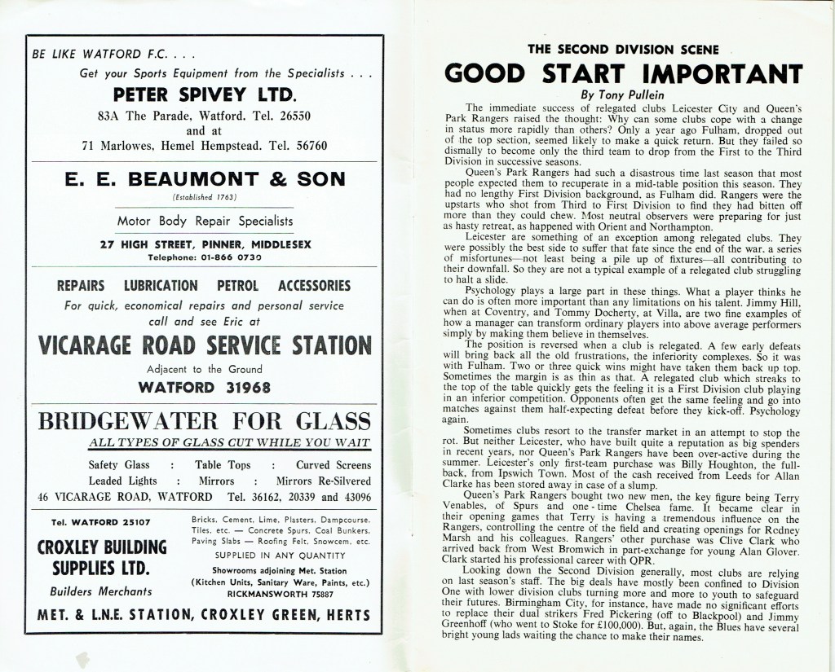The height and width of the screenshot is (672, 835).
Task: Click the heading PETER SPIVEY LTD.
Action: (x=204, y=93)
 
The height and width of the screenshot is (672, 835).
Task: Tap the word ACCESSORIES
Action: (x=315, y=286)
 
